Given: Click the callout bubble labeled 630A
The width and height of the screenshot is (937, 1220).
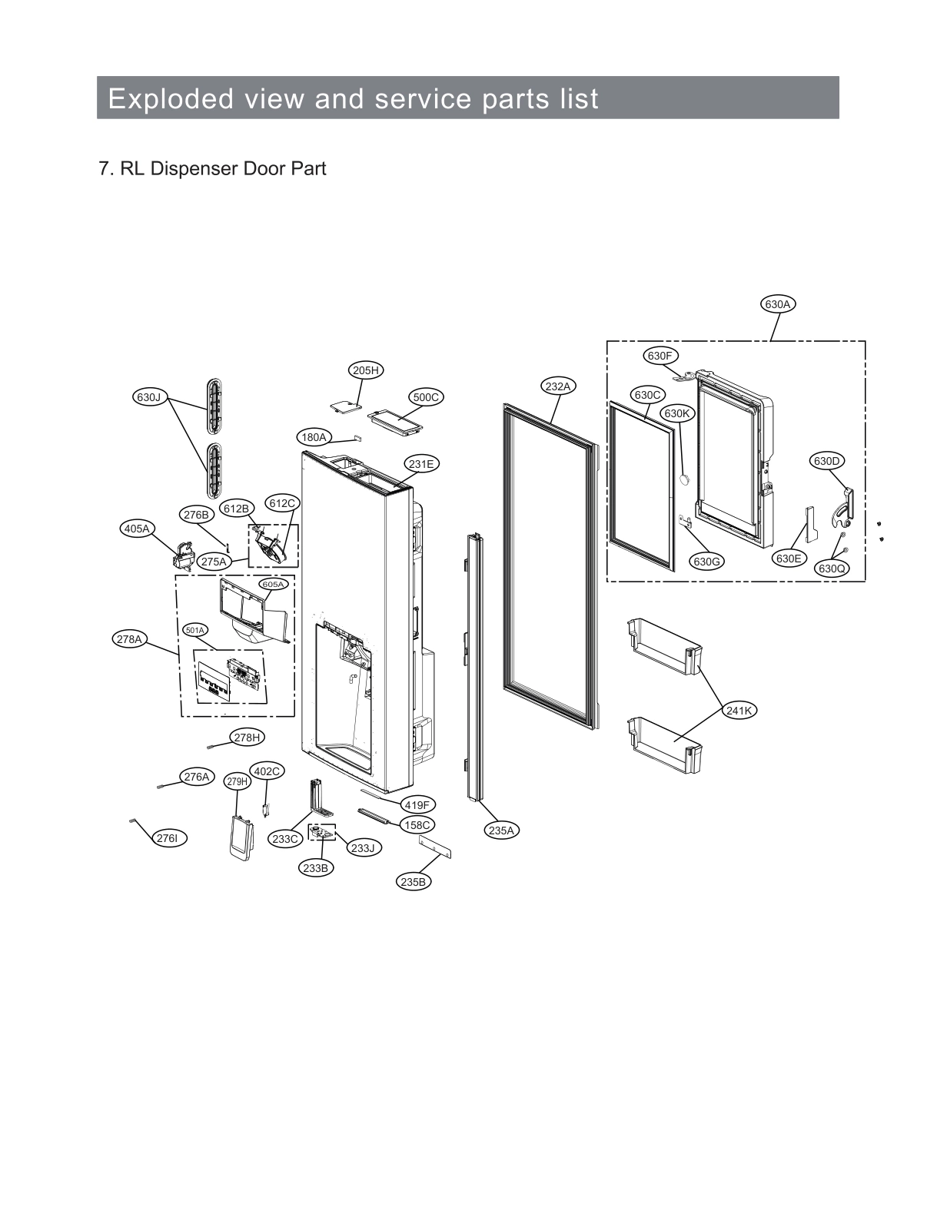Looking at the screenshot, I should coord(777,304).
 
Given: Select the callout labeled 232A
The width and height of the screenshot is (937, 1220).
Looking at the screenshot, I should coord(558,386).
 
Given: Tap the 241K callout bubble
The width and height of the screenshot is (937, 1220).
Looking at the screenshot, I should coord(739,711).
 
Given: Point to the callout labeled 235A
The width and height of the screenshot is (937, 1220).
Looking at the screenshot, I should coord(501,830).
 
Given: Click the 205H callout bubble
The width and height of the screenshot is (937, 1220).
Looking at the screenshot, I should coord(366,370).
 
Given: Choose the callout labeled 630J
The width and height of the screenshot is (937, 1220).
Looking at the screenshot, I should coord(148,397).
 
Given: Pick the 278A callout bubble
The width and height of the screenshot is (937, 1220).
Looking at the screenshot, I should coord(129,638).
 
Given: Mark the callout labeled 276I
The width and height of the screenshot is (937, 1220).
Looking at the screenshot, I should coord(167,838).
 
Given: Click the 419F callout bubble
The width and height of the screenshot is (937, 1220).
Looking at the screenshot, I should coord(417,805).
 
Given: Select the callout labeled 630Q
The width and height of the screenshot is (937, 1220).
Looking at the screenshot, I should coord(831,569).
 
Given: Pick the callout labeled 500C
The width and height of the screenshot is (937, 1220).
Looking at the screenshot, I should coord(426,397).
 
